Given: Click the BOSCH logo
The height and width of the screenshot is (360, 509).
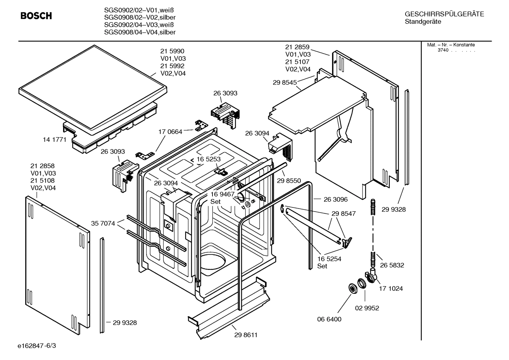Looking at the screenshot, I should [x=36, y=16].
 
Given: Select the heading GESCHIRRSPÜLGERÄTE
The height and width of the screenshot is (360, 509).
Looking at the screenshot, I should [x=444, y=14].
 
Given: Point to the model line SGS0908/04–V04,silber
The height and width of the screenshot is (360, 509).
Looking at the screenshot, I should [x=140, y=32].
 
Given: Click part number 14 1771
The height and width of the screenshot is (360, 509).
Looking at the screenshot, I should [x=55, y=140].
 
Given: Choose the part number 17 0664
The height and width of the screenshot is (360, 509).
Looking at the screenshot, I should [x=170, y=132].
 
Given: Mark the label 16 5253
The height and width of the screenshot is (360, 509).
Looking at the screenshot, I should [x=208, y=159].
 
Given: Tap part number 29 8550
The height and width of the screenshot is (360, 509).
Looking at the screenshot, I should [x=289, y=181].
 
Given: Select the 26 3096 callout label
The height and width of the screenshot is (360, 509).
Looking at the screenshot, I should [x=335, y=199].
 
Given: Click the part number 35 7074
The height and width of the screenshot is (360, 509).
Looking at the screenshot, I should [x=103, y=223].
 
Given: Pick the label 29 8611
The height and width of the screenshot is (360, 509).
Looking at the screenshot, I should [x=246, y=335].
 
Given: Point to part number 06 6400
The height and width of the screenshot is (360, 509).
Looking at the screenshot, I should [x=329, y=319].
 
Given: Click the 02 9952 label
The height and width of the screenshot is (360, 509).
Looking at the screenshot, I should [x=367, y=308].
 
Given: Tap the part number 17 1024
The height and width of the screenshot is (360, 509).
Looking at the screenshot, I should [x=391, y=288].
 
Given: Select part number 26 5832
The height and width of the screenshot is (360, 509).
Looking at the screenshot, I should [x=392, y=265].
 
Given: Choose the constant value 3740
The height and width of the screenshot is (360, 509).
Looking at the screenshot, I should [x=443, y=50].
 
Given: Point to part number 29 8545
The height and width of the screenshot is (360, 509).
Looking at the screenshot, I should [x=285, y=82].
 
